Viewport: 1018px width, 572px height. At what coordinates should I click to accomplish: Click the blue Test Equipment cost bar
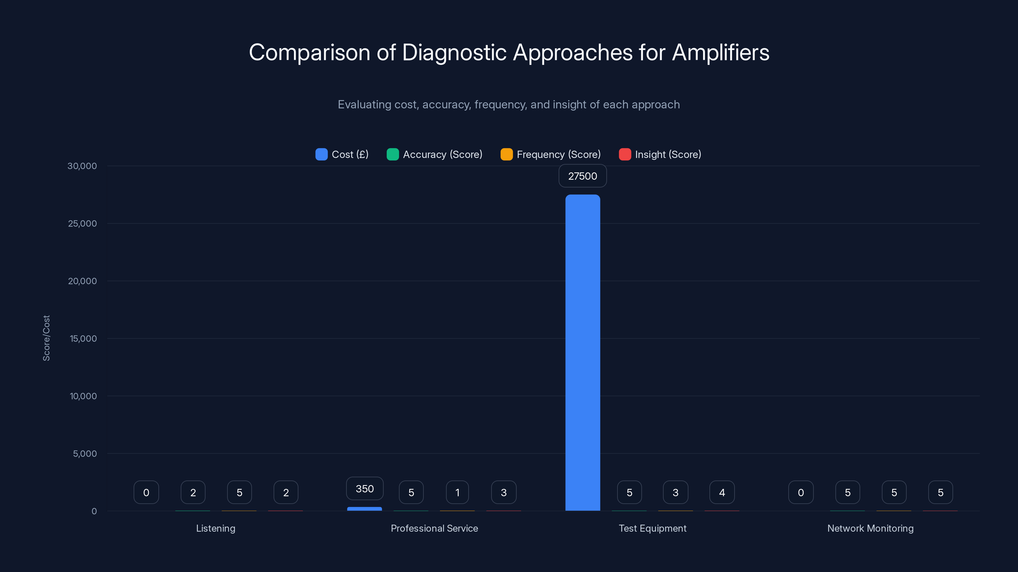point(582,352)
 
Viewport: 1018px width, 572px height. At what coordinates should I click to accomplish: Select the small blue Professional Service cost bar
point(364,509)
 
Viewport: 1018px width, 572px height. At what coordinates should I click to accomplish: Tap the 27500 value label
point(582,176)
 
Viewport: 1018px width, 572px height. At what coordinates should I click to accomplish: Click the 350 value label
point(364,489)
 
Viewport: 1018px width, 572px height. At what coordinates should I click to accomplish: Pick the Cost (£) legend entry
point(342,154)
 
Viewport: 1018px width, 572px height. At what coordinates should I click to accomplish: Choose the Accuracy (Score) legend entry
point(434,154)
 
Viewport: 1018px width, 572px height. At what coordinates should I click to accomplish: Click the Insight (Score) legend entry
point(660,154)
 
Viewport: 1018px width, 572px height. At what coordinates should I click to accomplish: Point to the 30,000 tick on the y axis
point(82,166)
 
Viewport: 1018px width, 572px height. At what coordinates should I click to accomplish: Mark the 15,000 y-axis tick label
point(83,339)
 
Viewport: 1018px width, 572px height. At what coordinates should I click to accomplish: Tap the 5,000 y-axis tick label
point(85,453)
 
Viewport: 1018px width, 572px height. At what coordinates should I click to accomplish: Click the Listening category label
point(216,528)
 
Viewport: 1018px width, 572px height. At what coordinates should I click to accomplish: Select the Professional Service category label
point(434,528)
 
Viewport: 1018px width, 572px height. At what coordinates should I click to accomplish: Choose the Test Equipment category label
point(652,528)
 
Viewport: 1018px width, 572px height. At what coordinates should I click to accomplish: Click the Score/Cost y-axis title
point(46,338)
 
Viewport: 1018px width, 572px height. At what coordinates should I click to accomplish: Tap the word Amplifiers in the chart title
point(721,52)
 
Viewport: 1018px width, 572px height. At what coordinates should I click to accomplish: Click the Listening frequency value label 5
point(240,492)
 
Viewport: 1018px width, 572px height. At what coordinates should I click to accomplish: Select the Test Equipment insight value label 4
point(722,492)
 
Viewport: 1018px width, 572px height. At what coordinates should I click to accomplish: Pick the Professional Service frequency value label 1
point(457,492)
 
